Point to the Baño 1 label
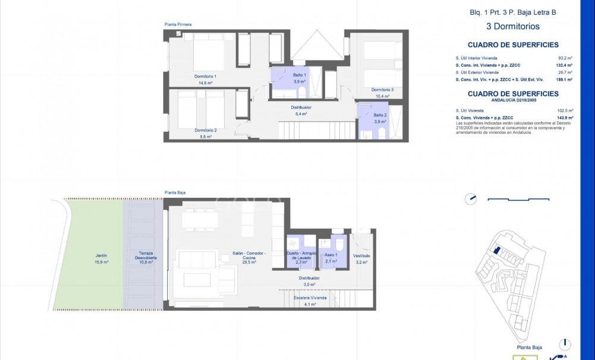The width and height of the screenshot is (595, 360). click(299, 75)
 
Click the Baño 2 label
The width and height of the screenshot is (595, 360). click(380, 115)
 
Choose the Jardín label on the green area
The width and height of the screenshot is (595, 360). click(100, 255)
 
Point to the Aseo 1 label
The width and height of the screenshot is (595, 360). click(331, 254)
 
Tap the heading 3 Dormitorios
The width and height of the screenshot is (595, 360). click(512, 26)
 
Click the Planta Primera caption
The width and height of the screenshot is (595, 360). click(178, 24)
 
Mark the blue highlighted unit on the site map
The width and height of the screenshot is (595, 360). click(497, 251)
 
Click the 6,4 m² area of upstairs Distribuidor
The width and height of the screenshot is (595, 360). click(301, 113)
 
